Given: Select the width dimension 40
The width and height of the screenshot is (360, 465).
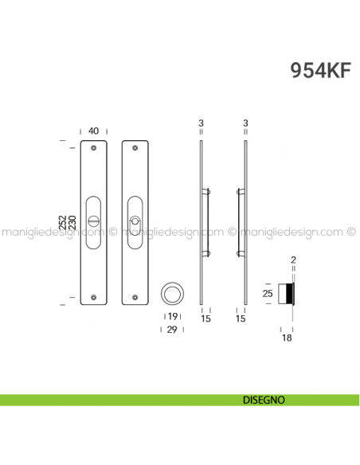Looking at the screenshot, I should coord(94,131).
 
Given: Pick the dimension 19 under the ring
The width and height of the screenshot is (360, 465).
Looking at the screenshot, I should coord(172,317).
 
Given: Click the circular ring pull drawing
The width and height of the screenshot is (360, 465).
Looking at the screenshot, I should coord(172,293).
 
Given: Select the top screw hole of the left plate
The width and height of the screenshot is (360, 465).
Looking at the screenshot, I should coord(94,148).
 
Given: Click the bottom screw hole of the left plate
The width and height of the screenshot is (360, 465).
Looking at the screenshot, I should coord(94,298).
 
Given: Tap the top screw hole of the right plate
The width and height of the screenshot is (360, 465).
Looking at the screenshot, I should coord(134,148).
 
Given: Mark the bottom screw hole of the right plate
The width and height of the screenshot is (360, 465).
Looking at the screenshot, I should coord(134,298).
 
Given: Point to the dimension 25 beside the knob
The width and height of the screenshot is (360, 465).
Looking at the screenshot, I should coord(268,293).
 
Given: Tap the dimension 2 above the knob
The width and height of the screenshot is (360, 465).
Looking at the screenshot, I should coord(293,260).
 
